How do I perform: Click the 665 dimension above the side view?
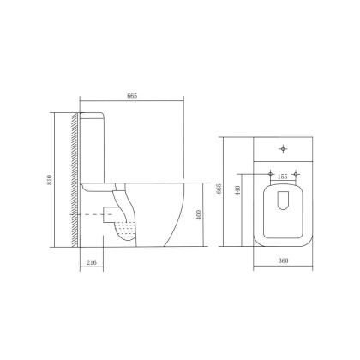[132, 95]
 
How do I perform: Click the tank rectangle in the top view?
[282, 151]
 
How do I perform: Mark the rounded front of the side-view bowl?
[176, 214]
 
